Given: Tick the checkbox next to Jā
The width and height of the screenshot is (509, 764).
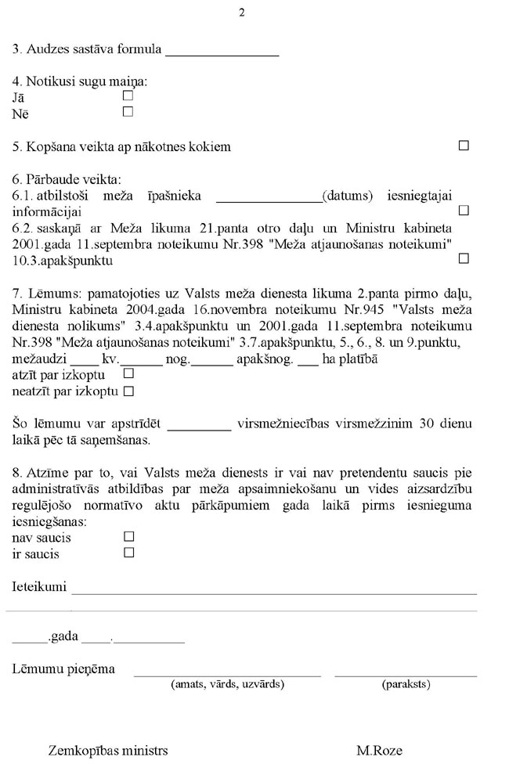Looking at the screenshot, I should [x=128, y=96].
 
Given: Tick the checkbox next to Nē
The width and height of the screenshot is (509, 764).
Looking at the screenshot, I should [x=128, y=112].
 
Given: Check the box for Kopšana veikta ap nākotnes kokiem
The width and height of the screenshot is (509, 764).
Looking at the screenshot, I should [x=464, y=146].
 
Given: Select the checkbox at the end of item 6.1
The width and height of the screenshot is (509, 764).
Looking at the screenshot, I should [x=464, y=211].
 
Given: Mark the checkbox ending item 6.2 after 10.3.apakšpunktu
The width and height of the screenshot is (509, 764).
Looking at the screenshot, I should [x=464, y=258].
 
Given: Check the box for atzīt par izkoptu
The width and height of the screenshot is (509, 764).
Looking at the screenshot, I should [x=129, y=374].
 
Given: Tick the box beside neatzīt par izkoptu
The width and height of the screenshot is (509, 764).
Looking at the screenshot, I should [x=129, y=389].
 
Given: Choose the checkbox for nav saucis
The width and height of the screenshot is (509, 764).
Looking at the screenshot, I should [x=129, y=536].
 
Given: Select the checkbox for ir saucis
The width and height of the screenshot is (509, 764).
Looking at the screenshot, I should [x=129, y=553].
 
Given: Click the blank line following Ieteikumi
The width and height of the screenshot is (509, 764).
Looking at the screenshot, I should [x=274, y=591].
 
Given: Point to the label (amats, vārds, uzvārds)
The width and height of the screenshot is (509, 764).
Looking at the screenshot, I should [x=227, y=684].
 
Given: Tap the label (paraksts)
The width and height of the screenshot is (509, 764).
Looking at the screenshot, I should [x=406, y=684].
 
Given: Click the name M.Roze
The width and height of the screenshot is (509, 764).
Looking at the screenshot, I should [x=379, y=751].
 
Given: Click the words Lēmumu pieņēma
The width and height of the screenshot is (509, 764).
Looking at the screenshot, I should [x=63, y=668].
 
